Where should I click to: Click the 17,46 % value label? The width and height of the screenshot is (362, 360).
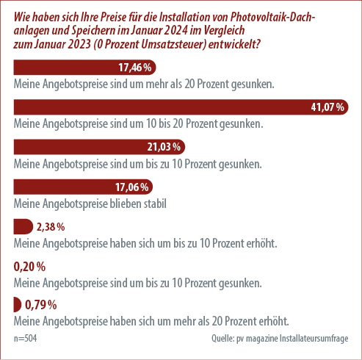pyautogui.click(x=135, y=68)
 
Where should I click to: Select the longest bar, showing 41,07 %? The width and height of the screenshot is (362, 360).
pyautogui.click(x=181, y=107)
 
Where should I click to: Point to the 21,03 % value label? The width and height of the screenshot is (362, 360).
pyautogui.click(x=164, y=147)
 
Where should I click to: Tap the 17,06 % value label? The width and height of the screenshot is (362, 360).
pyautogui.click(x=131, y=187)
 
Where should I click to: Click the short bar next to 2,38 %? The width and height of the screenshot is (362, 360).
pyautogui.click(x=23, y=226)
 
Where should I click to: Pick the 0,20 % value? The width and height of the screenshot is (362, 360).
pyautogui.click(x=29, y=267)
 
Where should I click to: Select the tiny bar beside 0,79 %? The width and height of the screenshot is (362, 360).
pyautogui.click(x=18, y=304)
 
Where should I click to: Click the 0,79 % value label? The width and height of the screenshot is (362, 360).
pyautogui.click(x=41, y=305)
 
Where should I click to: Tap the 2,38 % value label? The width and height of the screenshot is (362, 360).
pyautogui.click(x=51, y=227)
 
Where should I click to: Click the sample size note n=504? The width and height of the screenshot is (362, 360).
pyautogui.click(x=25, y=338)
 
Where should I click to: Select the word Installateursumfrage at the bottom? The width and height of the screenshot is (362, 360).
pyautogui.click(x=314, y=338)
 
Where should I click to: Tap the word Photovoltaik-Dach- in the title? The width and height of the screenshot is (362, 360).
pyautogui.click(x=272, y=17)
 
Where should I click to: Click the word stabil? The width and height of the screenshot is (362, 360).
pyautogui.click(x=155, y=204)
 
